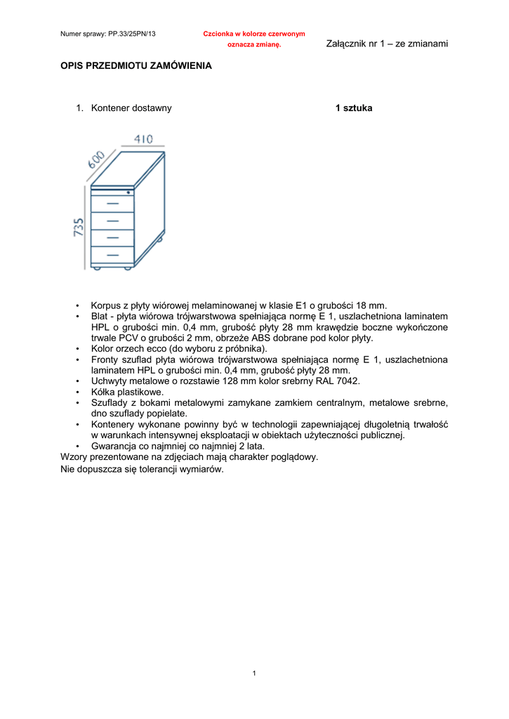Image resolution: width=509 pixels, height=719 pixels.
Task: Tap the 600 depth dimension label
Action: point(97,159)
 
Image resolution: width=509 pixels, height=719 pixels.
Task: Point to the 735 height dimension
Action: point(79,227)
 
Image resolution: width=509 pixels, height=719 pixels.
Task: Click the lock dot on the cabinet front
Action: point(128,192)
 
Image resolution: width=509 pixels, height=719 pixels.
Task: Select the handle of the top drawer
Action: point(112,203)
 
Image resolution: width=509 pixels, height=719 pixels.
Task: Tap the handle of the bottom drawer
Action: point(112,254)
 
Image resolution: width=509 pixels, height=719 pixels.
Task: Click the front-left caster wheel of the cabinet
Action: point(97,268)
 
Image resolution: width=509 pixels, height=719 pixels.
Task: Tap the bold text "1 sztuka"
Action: point(354,108)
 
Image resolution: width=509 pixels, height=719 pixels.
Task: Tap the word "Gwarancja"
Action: point(116,445)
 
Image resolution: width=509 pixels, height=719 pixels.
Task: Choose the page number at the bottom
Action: point(254,674)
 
